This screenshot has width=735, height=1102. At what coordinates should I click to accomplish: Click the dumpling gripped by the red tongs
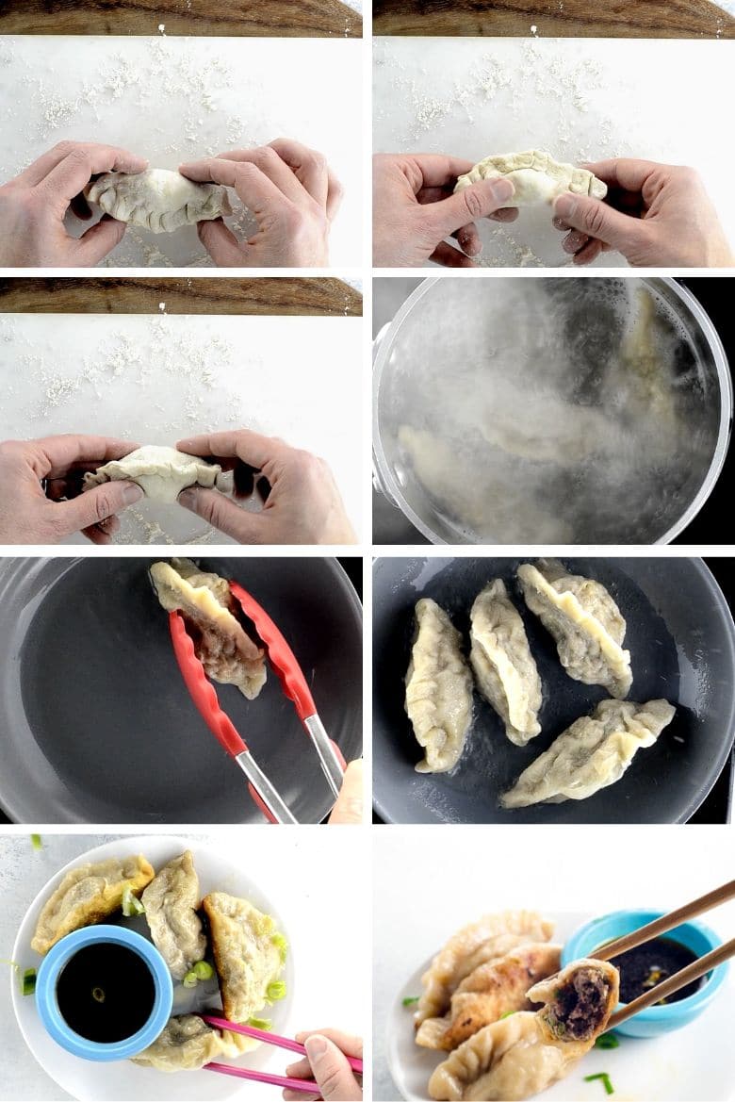209,627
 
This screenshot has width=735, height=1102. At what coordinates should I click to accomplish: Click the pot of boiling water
551,412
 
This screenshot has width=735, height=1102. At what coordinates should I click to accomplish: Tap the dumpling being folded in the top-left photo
158,200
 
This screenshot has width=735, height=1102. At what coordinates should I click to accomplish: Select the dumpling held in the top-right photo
530,177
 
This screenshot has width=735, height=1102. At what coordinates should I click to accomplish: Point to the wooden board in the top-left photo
179,17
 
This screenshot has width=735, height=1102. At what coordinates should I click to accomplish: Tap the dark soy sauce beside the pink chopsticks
106,992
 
